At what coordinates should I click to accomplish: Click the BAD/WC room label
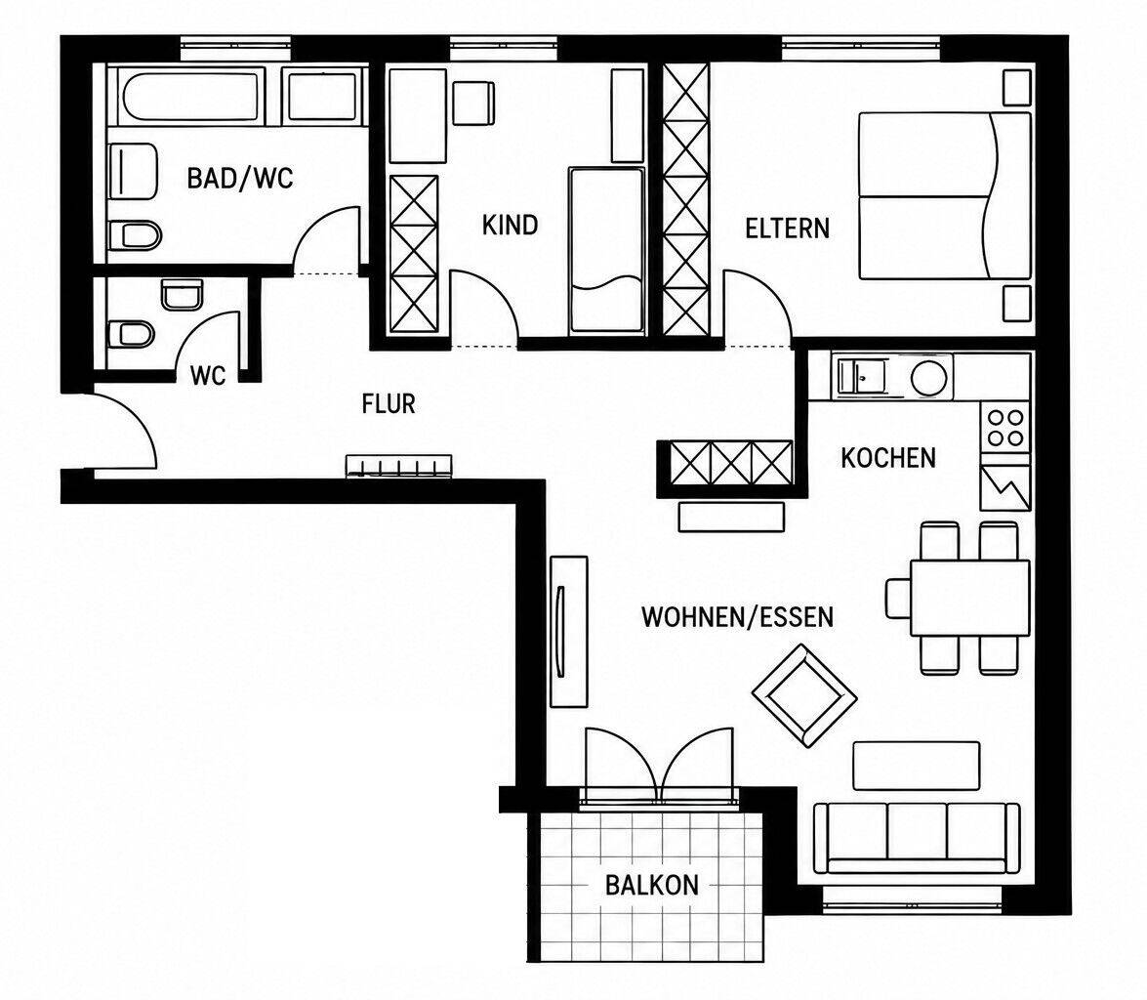[240, 178]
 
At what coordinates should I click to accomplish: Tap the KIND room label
[510, 225]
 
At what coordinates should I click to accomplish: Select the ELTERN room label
[787, 229]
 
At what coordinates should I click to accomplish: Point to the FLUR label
[389, 403]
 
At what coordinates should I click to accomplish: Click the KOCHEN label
[888, 458]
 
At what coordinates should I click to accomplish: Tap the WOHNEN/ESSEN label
[737, 617]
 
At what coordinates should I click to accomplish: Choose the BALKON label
[652, 885]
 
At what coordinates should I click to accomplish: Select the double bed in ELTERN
[945, 195]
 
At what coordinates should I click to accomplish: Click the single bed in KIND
[606, 250]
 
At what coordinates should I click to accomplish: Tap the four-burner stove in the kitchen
[1005, 429]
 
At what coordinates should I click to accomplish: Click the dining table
[970, 598]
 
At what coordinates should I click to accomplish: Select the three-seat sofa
[918, 838]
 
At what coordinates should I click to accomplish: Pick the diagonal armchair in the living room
[804, 696]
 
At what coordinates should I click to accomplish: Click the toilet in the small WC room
[131, 335]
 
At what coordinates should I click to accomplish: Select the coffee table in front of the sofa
[917, 766]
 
